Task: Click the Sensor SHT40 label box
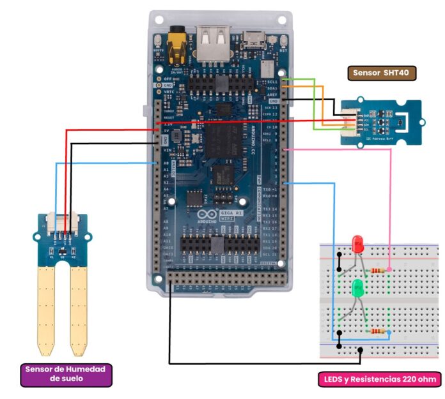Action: point(382,73)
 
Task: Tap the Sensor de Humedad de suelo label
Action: point(66,374)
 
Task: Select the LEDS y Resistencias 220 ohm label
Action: point(379,379)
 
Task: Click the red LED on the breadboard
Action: point(358,243)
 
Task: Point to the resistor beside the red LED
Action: point(377,270)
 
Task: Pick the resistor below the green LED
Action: point(377,331)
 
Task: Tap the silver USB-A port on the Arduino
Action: point(213,43)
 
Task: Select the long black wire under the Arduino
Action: point(256,363)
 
